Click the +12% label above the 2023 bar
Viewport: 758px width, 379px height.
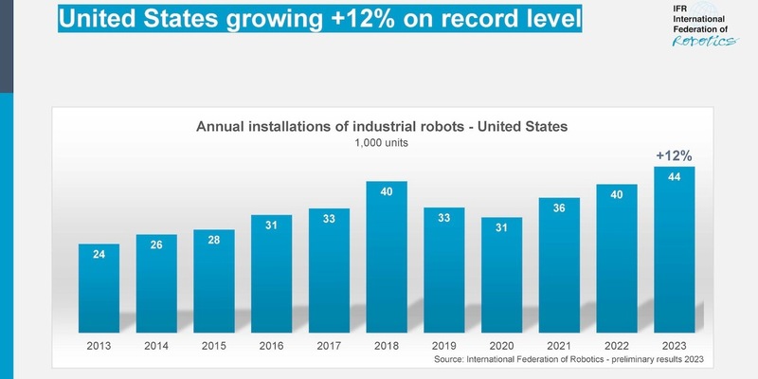pyautogui.click(x=674, y=154)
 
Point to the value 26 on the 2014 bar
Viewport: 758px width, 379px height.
pyautogui.click(x=156, y=245)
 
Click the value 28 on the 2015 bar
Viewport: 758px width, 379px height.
pyautogui.click(x=213, y=240)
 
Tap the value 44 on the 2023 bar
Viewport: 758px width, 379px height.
pyautogui.click(x=674, y=177)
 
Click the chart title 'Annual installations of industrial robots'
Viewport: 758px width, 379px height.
pyautogui.click(x=381, y=126)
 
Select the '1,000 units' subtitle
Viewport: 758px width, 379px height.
pyautogui.click(x=381, y=143)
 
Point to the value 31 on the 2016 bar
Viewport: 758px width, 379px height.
pyautogui.click(x=271, y=226)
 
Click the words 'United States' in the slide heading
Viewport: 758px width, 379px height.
pyautogui.click(x=127, y=17)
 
